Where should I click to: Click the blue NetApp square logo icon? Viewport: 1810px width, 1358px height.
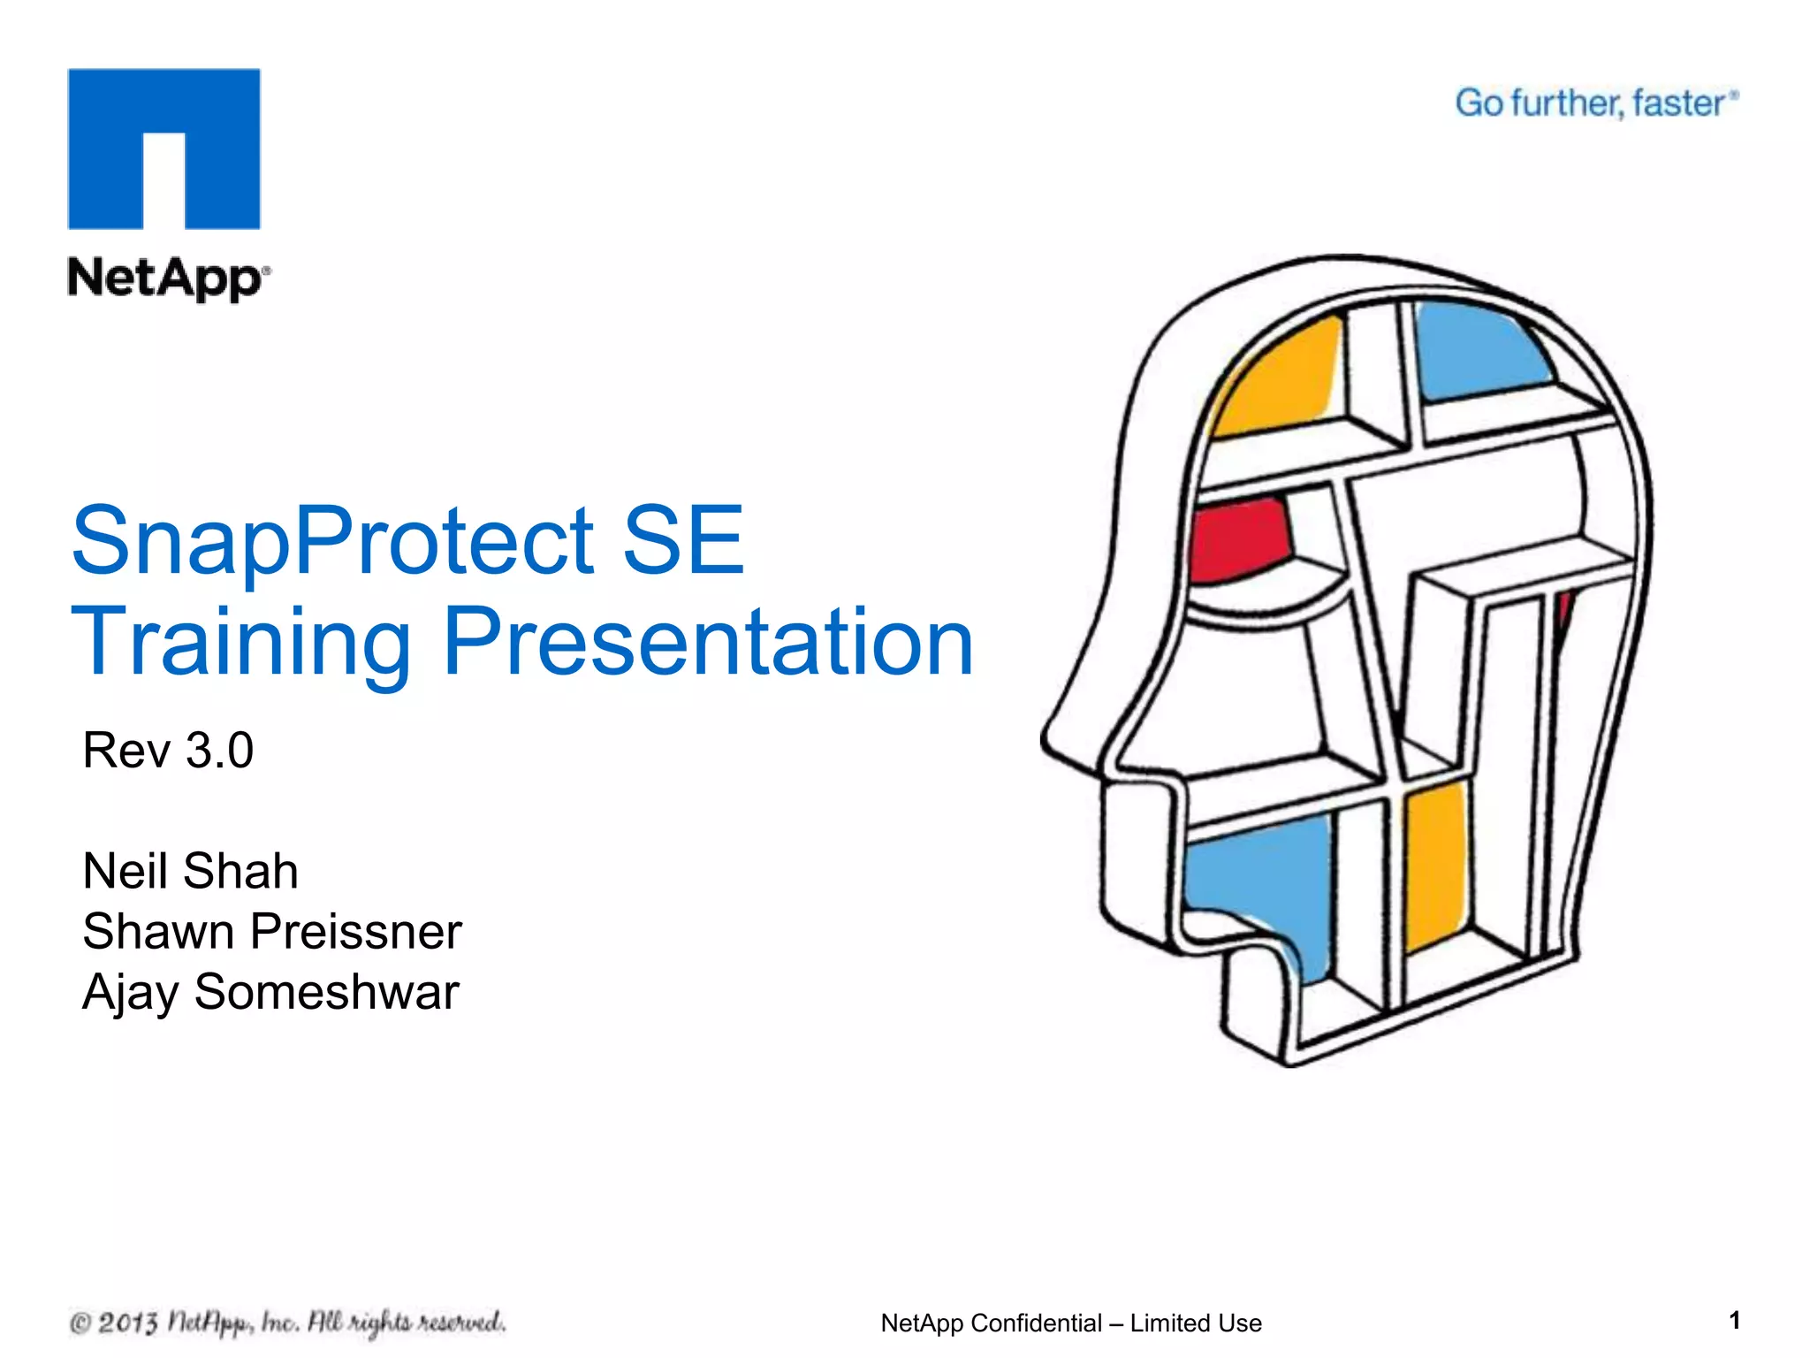pos(164,149)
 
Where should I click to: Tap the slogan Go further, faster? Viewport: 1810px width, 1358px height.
pos(1595,103)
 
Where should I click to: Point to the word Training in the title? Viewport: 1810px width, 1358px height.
pos(240,644)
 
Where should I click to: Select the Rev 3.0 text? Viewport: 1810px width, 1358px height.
pos(168,751)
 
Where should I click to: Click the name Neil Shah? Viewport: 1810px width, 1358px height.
pos(190,871)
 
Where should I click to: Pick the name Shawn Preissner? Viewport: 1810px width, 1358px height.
pos(272,931)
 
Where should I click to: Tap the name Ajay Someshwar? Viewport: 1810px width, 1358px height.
pos(270,992)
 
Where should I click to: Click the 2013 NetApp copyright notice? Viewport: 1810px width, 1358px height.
pos(287,1323)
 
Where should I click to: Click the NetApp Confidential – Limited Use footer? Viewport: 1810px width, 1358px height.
pos(1071,1323)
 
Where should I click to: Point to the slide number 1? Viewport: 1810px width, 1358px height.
pos(1734,1320)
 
